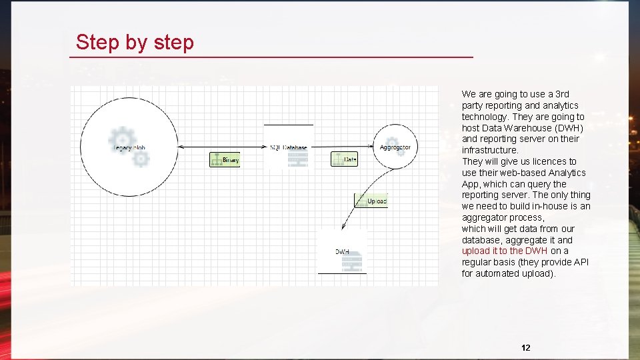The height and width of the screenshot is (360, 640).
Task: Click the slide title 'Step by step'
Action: coord(135,42)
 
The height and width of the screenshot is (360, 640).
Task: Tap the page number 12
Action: coord(526,347)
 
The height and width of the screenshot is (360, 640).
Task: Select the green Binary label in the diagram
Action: coord(225,160)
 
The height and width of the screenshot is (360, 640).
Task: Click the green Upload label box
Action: coord(371,201)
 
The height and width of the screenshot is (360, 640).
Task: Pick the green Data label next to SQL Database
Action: coord(344,159)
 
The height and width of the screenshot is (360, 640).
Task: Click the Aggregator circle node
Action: coord(396,147)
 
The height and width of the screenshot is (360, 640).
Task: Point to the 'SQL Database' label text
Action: coord(289,147)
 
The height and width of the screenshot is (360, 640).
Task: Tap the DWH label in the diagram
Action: coord(342,252)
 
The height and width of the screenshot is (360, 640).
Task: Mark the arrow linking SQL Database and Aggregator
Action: coord(344,147)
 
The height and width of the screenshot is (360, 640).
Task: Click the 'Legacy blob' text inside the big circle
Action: coord(129,147)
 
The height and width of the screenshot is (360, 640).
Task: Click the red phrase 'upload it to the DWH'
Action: coord(505,251)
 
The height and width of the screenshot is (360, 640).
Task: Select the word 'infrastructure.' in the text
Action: coord(490,150)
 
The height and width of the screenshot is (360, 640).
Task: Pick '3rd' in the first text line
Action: coord(562,94)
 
